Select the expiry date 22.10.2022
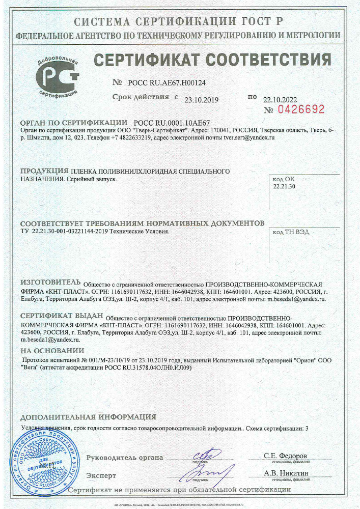tap(280, 99)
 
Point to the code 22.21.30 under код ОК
tap(284, 187)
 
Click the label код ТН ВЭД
tap(291, 232)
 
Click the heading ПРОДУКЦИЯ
tap(44, 171)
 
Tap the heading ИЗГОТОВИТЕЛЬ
tap(50, 283)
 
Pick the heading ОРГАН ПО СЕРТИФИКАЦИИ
tap(73, 123)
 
